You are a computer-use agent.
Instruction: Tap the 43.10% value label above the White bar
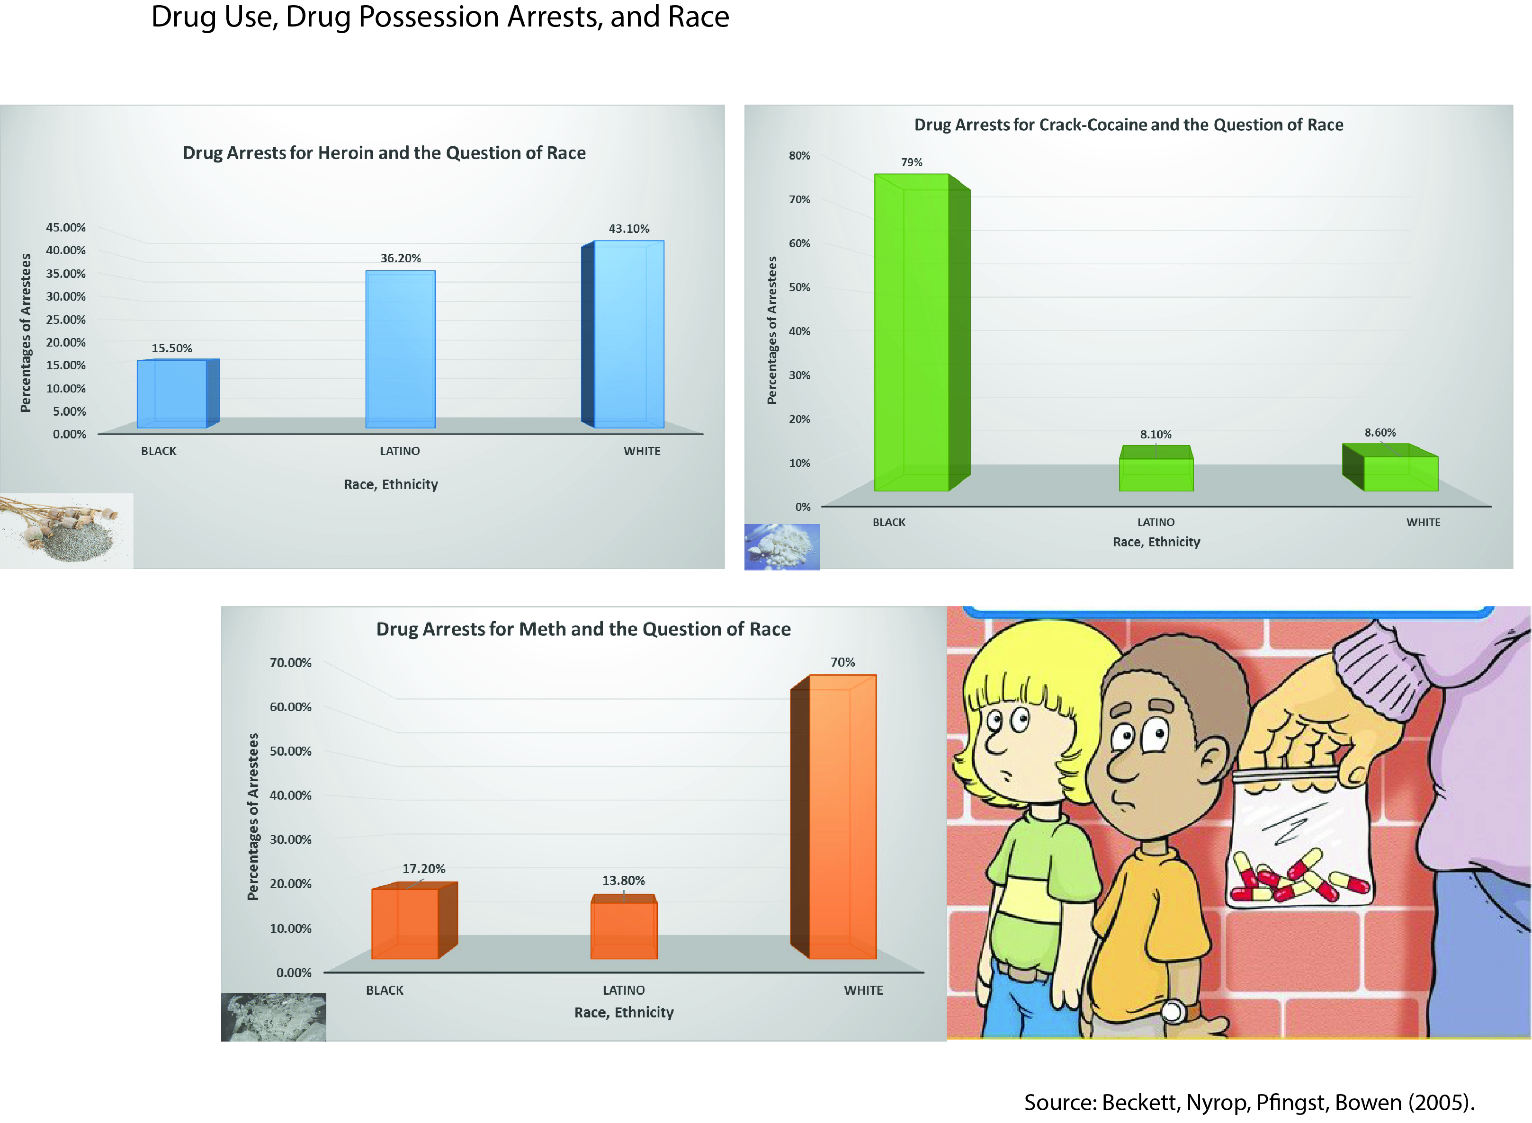point(628,228)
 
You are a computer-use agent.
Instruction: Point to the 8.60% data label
point(1380,432)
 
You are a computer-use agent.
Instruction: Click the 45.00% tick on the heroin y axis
point(66,227)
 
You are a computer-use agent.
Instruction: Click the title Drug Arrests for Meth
point(583,629)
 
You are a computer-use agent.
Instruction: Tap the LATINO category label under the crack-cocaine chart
point(1156,522)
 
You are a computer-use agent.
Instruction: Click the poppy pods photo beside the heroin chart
point(65,530)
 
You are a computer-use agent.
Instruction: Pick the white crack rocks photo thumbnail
point(782,546)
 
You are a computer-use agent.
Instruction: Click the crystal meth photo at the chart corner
point(273,1017)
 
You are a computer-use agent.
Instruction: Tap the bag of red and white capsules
point(1299,843)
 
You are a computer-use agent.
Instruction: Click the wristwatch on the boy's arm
point(1173,1011)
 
